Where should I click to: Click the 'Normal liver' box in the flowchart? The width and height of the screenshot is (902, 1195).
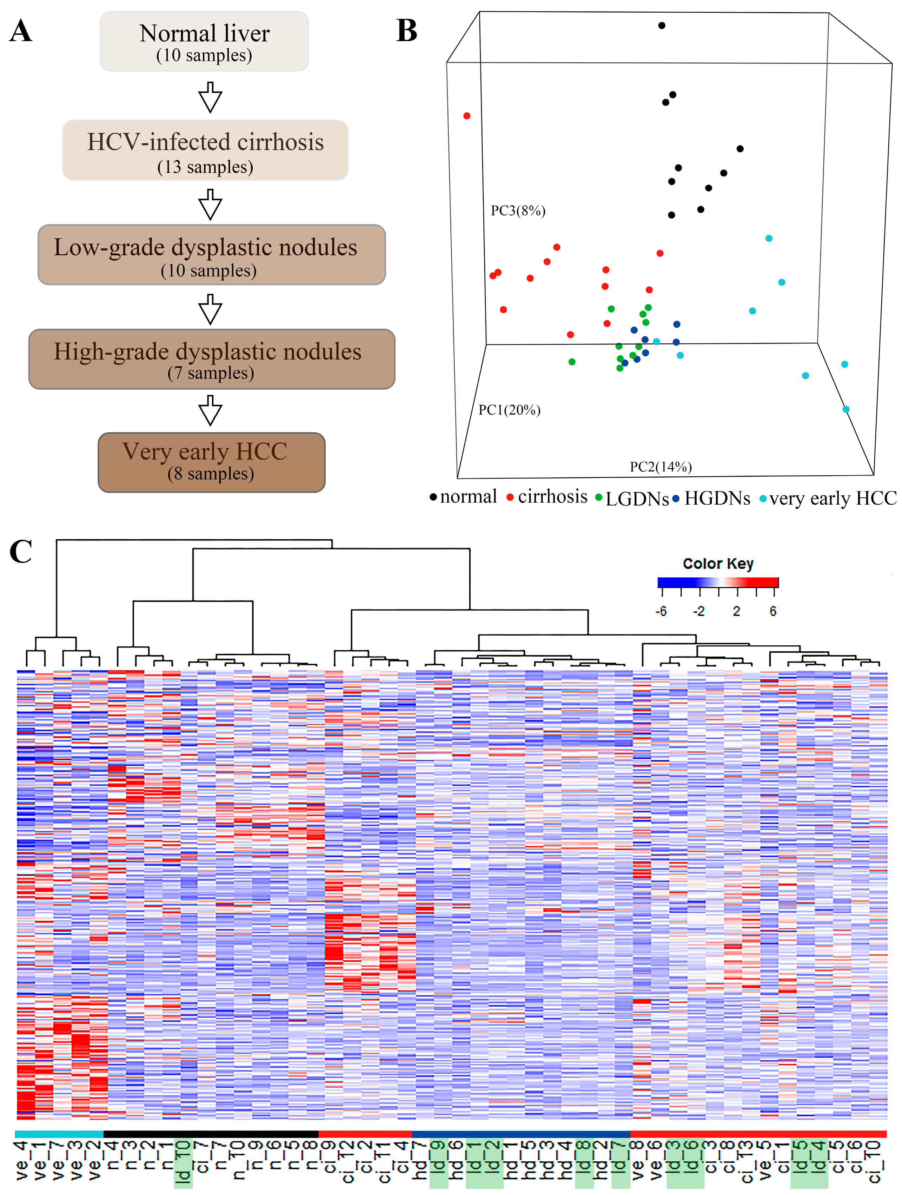pos(204,41)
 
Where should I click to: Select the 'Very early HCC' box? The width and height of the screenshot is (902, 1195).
pos(211,462)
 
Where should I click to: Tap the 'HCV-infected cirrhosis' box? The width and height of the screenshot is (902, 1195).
pos(205,150)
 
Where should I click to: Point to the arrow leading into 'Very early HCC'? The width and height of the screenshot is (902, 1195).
pos(210,411)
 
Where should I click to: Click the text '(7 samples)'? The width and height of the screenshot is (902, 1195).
pos(211,373)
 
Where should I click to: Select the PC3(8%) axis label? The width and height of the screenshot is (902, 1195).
pos(518,211)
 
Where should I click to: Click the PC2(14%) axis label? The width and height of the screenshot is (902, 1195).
pos(661,467)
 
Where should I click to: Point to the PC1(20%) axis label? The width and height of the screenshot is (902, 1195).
pos(509,410)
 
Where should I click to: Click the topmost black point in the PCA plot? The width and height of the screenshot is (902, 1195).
pos(662,25)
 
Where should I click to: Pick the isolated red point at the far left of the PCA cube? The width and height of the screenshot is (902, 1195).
pos(467,116)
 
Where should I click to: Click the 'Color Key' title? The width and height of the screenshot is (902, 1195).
pos(718,563)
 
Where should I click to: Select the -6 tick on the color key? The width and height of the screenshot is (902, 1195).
pos(661,611)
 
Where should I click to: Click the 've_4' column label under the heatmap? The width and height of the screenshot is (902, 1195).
pos(22,1159)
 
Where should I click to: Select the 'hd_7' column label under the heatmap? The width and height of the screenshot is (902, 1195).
pos(420,1159)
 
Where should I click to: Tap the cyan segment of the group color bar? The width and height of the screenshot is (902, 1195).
pos(59,1134)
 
